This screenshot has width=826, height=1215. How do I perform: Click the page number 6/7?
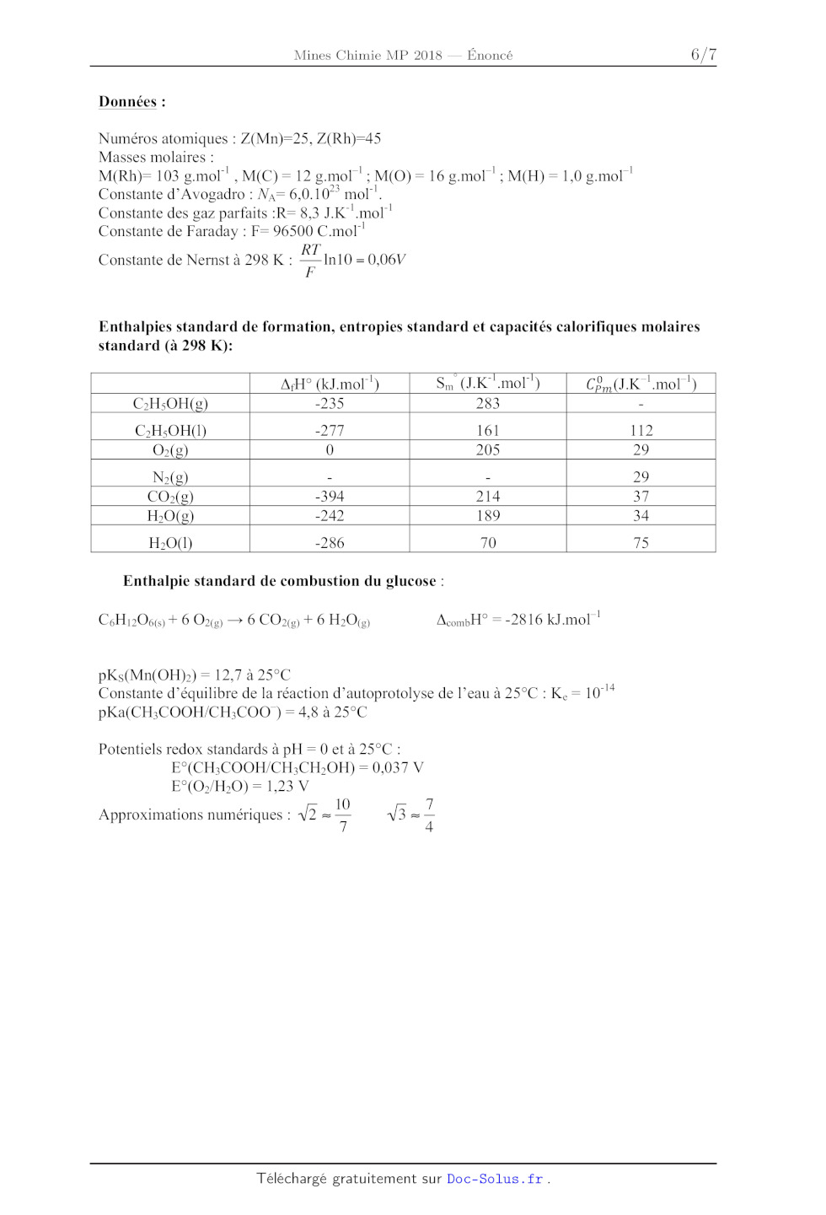click(703, 55)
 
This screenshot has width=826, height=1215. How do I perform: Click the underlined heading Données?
click(127, 102)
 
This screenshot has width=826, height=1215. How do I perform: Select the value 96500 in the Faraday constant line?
click(292, 231)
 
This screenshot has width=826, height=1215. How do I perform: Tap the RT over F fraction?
click(310, 261)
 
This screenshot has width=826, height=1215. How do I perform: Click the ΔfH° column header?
click(330, 384)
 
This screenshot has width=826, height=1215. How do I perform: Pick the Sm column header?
click(487, 384)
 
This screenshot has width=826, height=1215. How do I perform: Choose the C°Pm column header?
click(641, 384)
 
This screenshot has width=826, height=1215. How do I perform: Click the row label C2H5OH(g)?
click(170, 404)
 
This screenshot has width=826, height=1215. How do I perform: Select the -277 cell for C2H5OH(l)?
click(330, 430)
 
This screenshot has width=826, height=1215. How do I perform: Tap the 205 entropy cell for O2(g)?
click(488, 450)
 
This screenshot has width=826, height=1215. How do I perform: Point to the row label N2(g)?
click(170, 477)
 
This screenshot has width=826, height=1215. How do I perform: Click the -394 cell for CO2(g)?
click(330, 497)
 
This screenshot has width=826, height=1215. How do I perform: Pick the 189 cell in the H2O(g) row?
click(488, 516)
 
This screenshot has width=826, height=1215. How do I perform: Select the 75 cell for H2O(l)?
click(641, 543)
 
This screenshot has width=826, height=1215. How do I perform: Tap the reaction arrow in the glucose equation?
click(234, 621)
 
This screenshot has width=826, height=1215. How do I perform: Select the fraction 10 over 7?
click(342, 815)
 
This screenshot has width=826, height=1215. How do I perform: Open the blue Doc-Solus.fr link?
click(495, 1179)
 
